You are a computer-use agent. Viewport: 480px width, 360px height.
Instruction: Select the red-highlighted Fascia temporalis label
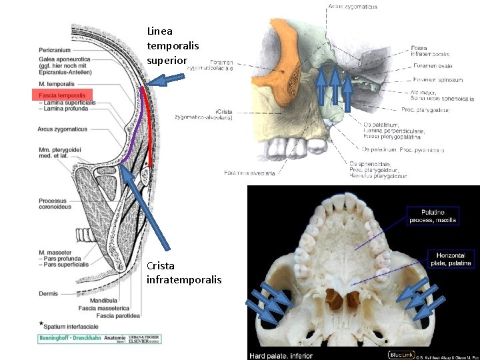63,95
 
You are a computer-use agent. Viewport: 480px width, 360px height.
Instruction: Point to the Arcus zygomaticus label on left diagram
62,129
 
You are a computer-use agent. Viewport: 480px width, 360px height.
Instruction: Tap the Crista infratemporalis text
175,273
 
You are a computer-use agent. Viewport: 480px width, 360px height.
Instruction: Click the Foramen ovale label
430,66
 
